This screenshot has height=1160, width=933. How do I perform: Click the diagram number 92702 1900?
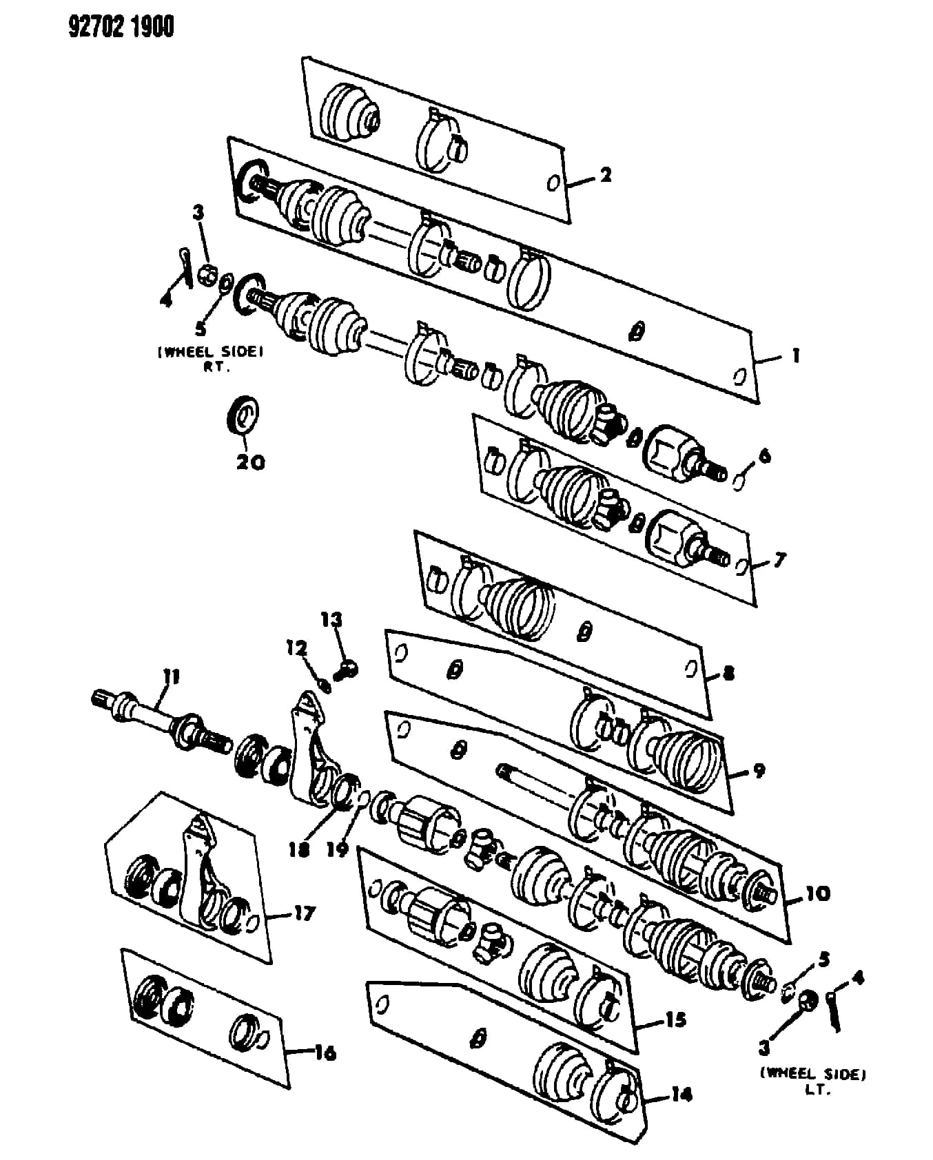[x=121, y=26]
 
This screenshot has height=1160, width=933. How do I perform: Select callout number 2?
[x=605, y=174]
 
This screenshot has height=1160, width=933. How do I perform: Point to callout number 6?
[x=764, y=455]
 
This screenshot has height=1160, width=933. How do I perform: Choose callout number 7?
[x=779, y=560]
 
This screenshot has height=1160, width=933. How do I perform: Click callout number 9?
[x=759, y=770]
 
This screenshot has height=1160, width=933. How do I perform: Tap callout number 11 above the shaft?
[x=172, y=678]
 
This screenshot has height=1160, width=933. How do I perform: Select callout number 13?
[x=331, y=619]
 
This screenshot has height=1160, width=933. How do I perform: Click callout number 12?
[x=297, y=648]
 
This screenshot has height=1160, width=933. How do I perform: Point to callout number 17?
[x=304, y=913]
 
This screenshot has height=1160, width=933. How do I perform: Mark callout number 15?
[x=675, y=1019]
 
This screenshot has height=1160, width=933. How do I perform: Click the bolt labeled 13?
[x=349, y=667]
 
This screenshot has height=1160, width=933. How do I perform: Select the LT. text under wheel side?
[x=814, y=1092]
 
